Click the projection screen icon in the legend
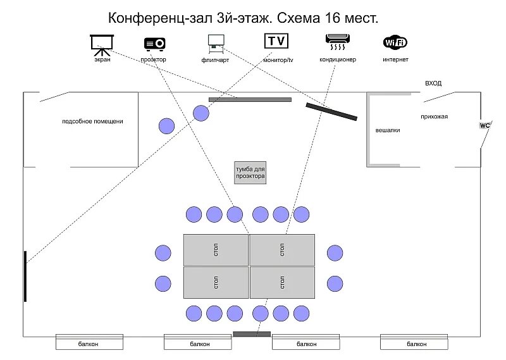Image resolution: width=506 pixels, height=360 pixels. (x=101, y=43)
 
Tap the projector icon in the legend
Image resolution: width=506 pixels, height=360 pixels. (x=155, y=43)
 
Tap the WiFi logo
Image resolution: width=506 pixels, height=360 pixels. (x=395, y=43)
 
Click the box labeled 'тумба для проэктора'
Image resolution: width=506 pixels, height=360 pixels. (x=250, y=173)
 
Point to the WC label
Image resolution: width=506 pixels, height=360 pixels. (x=485, y=125)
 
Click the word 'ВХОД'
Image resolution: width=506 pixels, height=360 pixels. (x=433, y=84)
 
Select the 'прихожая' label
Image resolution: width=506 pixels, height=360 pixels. (x=434, y=116)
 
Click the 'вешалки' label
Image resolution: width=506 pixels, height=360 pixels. (x=388, y=130)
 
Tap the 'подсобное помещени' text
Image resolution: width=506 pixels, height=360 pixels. (x=92, y=121)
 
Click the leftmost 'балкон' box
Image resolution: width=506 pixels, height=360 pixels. (x=89, y=344)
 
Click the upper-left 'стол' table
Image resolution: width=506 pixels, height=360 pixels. (x=216, y=250)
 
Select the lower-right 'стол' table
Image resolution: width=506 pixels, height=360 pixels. (x=282, y=283)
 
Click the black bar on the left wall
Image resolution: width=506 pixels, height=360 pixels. (x=25, y=276)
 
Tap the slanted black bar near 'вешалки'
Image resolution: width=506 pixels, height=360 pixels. (x=331, y=111)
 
